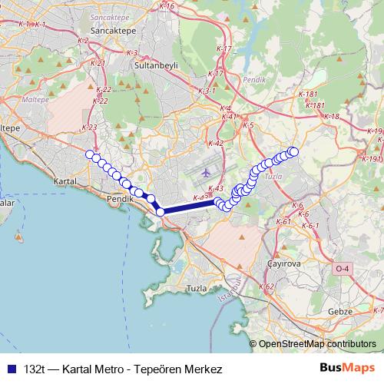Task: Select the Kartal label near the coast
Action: [65, 182]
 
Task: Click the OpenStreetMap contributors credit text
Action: [317, 344]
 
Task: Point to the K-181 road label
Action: [310, 94]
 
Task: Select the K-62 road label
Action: [266, 286]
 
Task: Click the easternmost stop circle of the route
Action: [293, 151]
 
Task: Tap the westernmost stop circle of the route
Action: [90, 155]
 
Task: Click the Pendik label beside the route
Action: [121, 198]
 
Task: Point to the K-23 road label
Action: [89, 127]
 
